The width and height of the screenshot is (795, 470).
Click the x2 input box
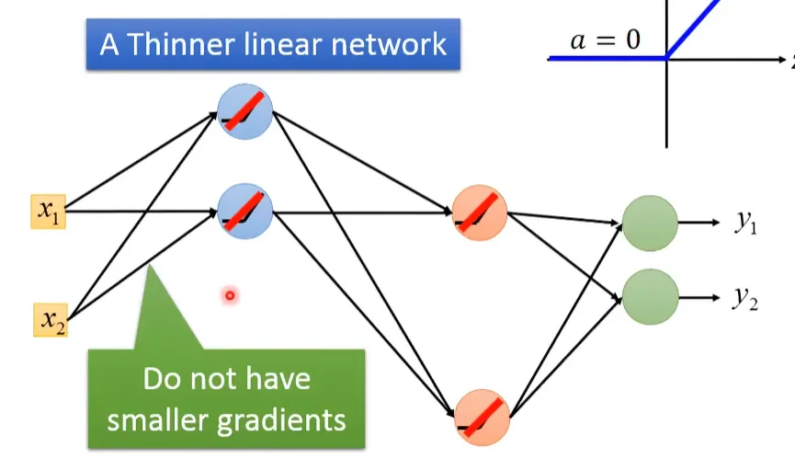click(50, 319)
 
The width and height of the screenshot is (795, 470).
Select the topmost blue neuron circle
click(245, 111)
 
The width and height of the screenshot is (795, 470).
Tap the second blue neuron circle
click(245, 212)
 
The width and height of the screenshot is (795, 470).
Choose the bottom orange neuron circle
click(481, 416)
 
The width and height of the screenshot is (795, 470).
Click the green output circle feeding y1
click(650, 224)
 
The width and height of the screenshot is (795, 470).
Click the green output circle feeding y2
click(650, 296)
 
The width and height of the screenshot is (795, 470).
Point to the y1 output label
click(745, 224)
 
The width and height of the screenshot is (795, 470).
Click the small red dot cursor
click(230, 295)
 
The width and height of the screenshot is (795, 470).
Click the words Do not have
click(226, 379)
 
